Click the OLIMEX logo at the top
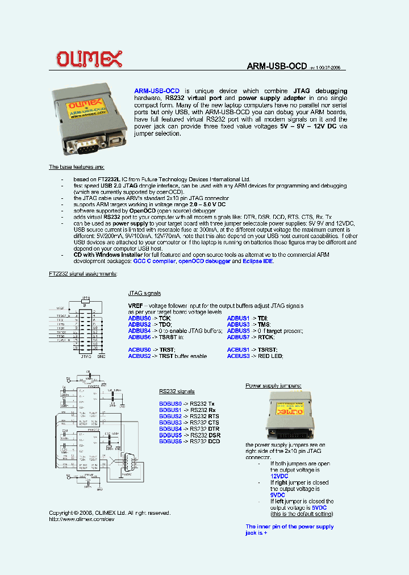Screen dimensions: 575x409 (89, 59)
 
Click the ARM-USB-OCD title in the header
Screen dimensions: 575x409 (277, 66)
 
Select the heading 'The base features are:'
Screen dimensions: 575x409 (76, 166)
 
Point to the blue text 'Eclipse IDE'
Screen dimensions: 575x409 (258, 261)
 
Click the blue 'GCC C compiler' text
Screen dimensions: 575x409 (153, 261)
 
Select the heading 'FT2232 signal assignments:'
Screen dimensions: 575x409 (83, 274)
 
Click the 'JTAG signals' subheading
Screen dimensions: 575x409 (144, 293)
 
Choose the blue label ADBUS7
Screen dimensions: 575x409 (238, 338)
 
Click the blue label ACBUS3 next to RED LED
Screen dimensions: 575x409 (238, 356)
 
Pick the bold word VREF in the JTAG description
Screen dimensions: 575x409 (136, 306)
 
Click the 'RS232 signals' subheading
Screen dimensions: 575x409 (177, 391)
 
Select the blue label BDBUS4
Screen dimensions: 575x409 (170, 429)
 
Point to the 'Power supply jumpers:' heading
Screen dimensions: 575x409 (273, 386)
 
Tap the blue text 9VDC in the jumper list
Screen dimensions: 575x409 (277, 495)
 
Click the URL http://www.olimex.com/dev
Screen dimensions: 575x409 (82, 519)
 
